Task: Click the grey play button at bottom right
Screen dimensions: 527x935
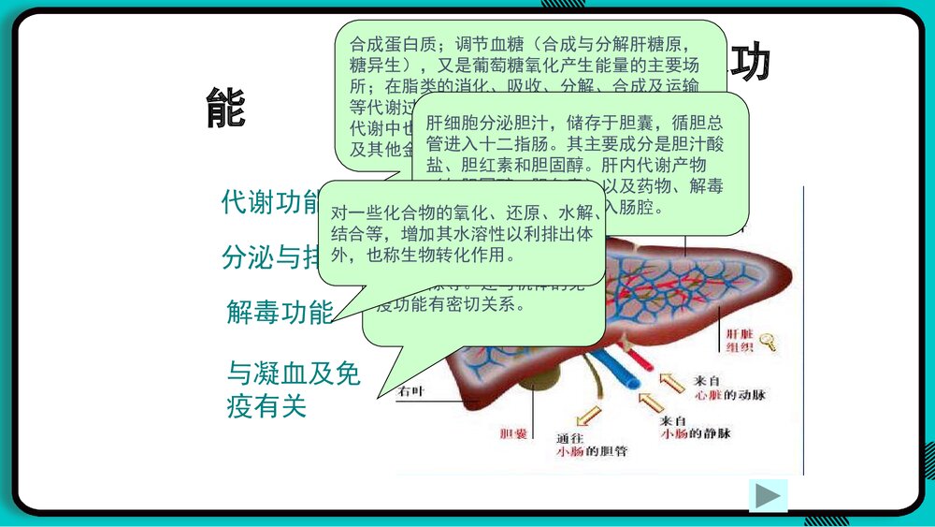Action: (x=768, y=495)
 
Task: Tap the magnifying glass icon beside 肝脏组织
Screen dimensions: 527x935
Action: (x=769, y=341)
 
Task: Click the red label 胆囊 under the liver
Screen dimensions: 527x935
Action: (x=514, y=433)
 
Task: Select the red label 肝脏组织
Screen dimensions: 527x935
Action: (x=740, y=341)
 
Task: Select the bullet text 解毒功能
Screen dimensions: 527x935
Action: (x=280, y=313)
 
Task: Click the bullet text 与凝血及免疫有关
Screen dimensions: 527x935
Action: (x=293, y=390)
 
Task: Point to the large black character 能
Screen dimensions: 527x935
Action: (x=225, y=110)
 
